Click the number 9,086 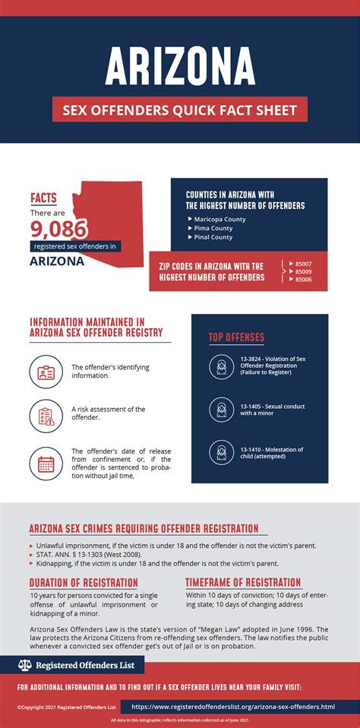click(59, 228)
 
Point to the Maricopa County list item click(219, 220)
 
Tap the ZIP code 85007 click(304, 264)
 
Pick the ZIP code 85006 click(304, 280)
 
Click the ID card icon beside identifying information click(45, 373)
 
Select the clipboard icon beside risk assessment click(45, 416)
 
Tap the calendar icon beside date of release click(45, 462)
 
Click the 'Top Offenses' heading click(236, 337)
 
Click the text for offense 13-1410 click(272, 454)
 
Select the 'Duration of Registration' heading click(84, 583)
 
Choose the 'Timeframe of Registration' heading click(243, 583)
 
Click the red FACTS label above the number click(43, 198)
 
